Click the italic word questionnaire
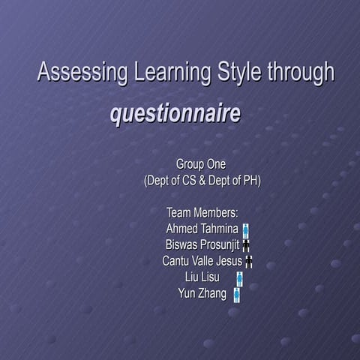point(175,115)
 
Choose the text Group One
point(201,164)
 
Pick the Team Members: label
point(202,214)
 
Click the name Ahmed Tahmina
point(202,229)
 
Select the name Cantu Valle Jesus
point(202,261)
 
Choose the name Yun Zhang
point(202,293)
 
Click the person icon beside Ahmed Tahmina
point(246,230)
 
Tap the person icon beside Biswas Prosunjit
point(246,245)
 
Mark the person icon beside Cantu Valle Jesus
point(249,262)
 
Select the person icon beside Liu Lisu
point(239,278)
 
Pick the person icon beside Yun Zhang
point(236,294)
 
